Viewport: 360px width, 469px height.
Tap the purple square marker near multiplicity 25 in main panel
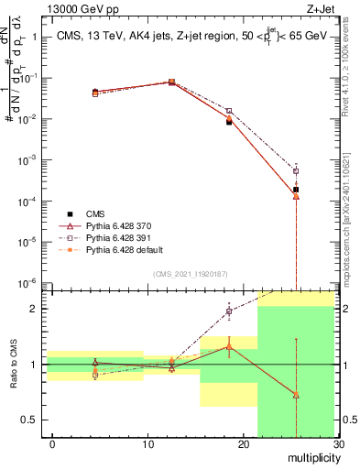(296, 170)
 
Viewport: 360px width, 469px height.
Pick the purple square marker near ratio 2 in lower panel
(229, 311)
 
